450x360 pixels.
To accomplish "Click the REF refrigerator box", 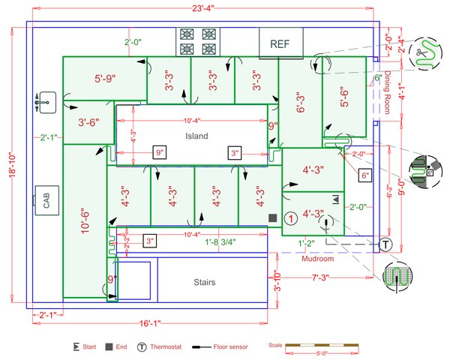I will pyautogui.click(x=280, y=44).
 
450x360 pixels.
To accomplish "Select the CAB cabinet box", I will pyautogui.click(x=46, y=201).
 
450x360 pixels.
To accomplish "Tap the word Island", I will pyautogui.click(x=196, y=136).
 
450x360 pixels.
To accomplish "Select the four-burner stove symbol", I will pyautogui.click(x=197, y=41).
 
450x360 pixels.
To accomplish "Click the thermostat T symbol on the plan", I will pyautogui.click(x=385, y=244).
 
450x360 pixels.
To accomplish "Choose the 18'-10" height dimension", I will pyautogui.click(x=13, y=163).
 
